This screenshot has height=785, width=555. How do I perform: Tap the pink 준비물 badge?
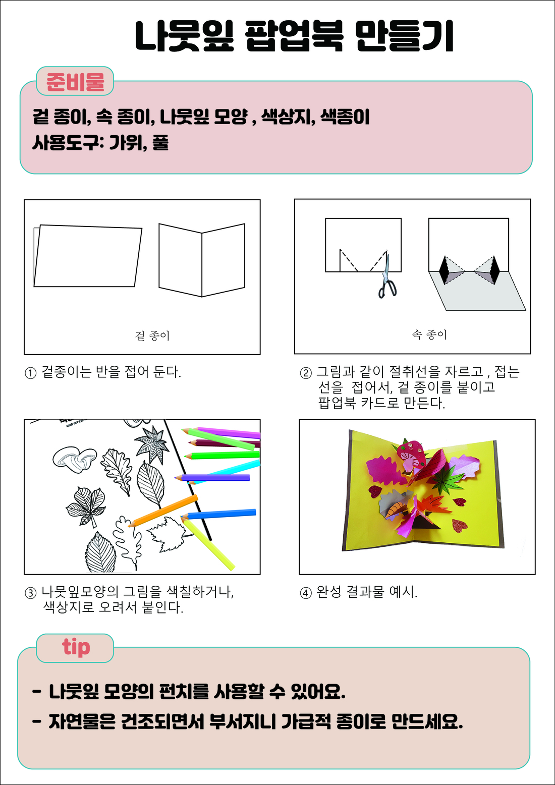(x=75, y=81)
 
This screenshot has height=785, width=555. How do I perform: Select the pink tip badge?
(x=75, y=648)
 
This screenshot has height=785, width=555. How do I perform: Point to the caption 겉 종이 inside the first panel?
(x=152, y=335)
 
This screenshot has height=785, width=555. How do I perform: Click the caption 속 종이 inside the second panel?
(x=429, y=334)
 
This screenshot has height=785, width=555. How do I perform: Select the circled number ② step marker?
(x=306, y=373)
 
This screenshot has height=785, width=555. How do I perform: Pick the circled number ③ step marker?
(x=30, y=593)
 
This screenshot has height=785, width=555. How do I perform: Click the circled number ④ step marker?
(x=306, y=593)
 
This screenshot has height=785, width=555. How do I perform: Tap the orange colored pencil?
(x=163, y=511)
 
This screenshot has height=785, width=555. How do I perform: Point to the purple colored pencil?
(x=212, y=477)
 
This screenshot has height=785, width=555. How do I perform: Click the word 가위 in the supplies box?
(x=126, y=143)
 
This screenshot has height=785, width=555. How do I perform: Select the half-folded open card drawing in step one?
(x=202, y=260)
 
